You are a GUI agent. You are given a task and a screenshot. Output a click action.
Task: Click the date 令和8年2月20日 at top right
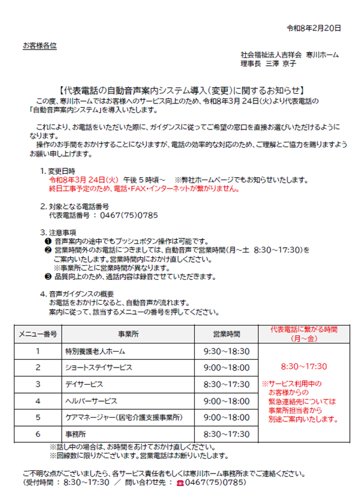click(x=314, y=28)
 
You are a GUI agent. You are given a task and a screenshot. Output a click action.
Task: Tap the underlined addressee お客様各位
click(x=39, y=46)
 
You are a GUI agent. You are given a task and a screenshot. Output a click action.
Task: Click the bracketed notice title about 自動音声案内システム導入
click(x=180, y=91)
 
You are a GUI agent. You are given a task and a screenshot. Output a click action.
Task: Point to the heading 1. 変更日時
click(x=58, y=171)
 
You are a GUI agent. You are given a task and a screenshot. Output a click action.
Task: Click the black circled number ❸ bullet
click(x=48, y=277)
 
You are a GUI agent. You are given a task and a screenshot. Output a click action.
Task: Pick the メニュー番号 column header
click(x=37, y=334)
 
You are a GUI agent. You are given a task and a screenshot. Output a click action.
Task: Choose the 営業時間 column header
click(x=227, y=334)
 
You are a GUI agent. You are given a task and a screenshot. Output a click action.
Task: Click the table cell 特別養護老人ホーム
click(x=95, y=351)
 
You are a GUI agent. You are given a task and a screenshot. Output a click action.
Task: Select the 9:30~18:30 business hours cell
click(x=227, y=351)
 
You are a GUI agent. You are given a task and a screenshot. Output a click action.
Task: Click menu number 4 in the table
click(x=37, y=401)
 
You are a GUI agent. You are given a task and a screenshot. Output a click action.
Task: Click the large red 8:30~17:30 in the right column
click(x=303, y=366)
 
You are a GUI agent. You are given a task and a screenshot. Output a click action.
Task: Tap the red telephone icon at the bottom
click(x=179, y=482)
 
